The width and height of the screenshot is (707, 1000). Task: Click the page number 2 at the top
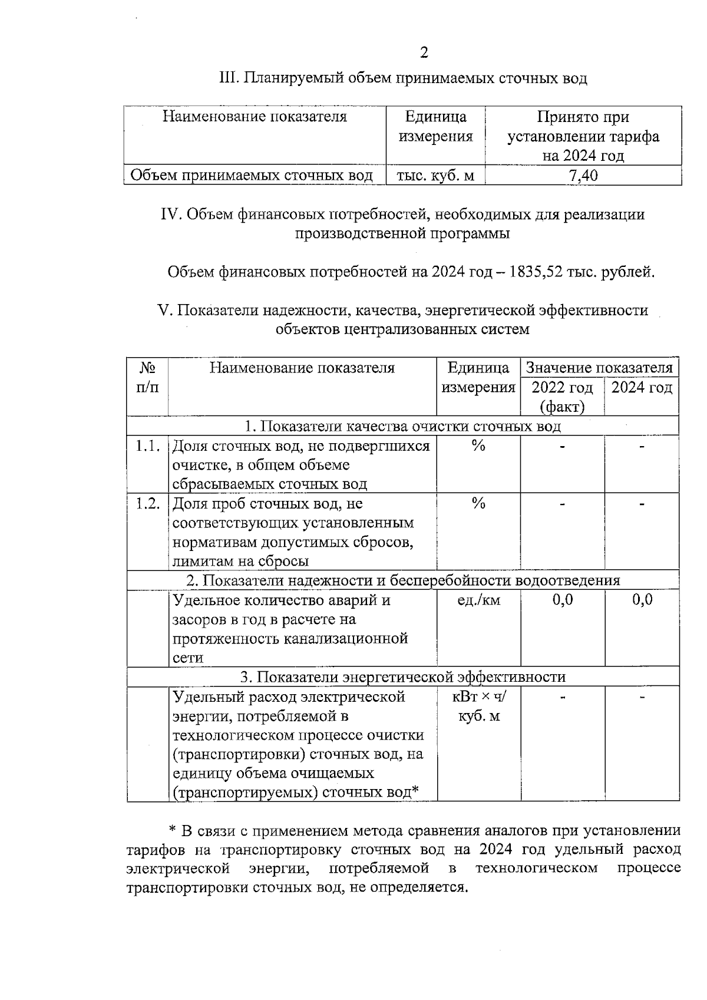click(x=424, y=53)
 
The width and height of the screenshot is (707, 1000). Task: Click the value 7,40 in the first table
click(x=583, y=176)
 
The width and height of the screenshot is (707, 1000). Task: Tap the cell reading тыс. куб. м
click(x=435, y=176)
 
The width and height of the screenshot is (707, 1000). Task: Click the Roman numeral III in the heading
click(x=228, y=78)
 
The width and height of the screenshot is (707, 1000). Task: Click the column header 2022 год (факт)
click(x=562, y=397)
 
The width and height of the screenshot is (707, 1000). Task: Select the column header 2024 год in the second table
click(x=642, y=388)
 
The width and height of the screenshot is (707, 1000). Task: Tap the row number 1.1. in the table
click(x=147, y=446)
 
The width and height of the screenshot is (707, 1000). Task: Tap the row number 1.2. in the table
click(x=147, y=504)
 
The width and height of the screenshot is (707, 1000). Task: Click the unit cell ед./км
click(x=478, y=600)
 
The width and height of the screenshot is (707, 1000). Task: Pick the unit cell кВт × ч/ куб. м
click(x=478, y=707)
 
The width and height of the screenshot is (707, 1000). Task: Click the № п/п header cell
click(x=147, y=378)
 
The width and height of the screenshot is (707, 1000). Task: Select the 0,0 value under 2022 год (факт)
click(x=562, y=600)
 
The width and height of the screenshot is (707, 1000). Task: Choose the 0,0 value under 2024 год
click(x=642, y=600)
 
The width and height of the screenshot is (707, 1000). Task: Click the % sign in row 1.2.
click(x=478, y=504)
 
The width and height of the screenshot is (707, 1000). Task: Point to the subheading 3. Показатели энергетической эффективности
click(x=402, y=677)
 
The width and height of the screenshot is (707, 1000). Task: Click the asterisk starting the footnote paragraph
click(x=173, y=831)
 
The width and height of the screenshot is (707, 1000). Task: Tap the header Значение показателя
click(x=599, y=368)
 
